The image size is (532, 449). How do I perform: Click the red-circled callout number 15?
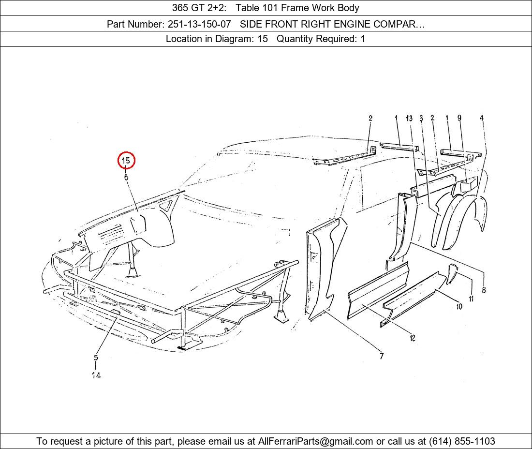pos(126,160)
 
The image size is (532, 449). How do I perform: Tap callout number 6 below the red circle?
pos(126,177)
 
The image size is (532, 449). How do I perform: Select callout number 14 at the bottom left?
pos(96,375)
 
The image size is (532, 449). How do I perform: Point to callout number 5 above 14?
pos(96,358)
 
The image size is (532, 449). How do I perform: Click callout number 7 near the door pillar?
pos(382,356)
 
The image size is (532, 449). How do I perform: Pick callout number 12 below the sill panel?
pos(412,338)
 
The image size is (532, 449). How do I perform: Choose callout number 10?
pos(459,306)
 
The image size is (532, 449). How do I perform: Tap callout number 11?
pos(471,299)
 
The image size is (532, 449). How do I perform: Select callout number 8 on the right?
pos(484,290)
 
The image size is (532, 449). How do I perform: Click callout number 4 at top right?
pos(481,118)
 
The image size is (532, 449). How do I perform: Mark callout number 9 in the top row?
pos(459,118)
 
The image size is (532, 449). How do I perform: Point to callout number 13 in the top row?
pos(409,118)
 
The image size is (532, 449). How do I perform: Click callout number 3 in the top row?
pos(421,118)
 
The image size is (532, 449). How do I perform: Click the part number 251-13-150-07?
pos(199,24)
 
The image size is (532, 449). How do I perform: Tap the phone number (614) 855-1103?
pos(462,441)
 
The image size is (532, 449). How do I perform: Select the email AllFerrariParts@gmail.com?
pos(316,441)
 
